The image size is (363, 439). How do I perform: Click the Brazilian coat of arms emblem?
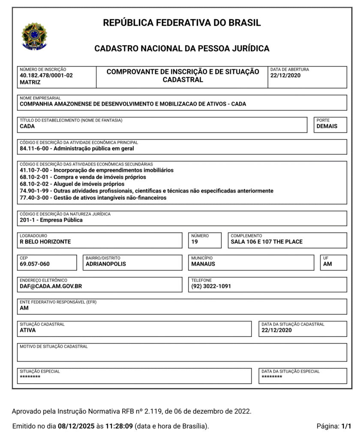click(x=34, y=36)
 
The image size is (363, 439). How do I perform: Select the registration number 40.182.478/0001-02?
click(x=46, y=75)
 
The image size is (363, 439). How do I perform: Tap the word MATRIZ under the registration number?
click(x=30, y=82)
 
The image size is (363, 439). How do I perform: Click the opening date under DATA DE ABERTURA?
click(x=285, y=75)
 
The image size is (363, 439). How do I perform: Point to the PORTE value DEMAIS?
click(x=327, y=126)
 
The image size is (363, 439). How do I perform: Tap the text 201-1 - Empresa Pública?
click(x=51, y=220)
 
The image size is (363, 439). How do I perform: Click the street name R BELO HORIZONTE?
click(x=45, y=241)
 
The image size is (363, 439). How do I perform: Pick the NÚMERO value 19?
click(x=195, y=241)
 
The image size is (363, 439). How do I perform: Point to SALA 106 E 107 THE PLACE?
click(x=267, y=241)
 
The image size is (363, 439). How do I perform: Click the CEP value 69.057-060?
click(x=35, y=264)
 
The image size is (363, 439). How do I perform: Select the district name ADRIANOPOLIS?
click(x=106, y=264)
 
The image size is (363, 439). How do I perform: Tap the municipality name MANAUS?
click(x=203, y=264)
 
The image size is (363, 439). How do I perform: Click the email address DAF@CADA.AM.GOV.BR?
click(x=51, y=286)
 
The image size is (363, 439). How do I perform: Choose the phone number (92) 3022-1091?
click(x=211, y=286)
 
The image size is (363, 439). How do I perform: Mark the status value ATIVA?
click(x=28, y=330)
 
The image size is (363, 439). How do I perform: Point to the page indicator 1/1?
click(x=346, y=427)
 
